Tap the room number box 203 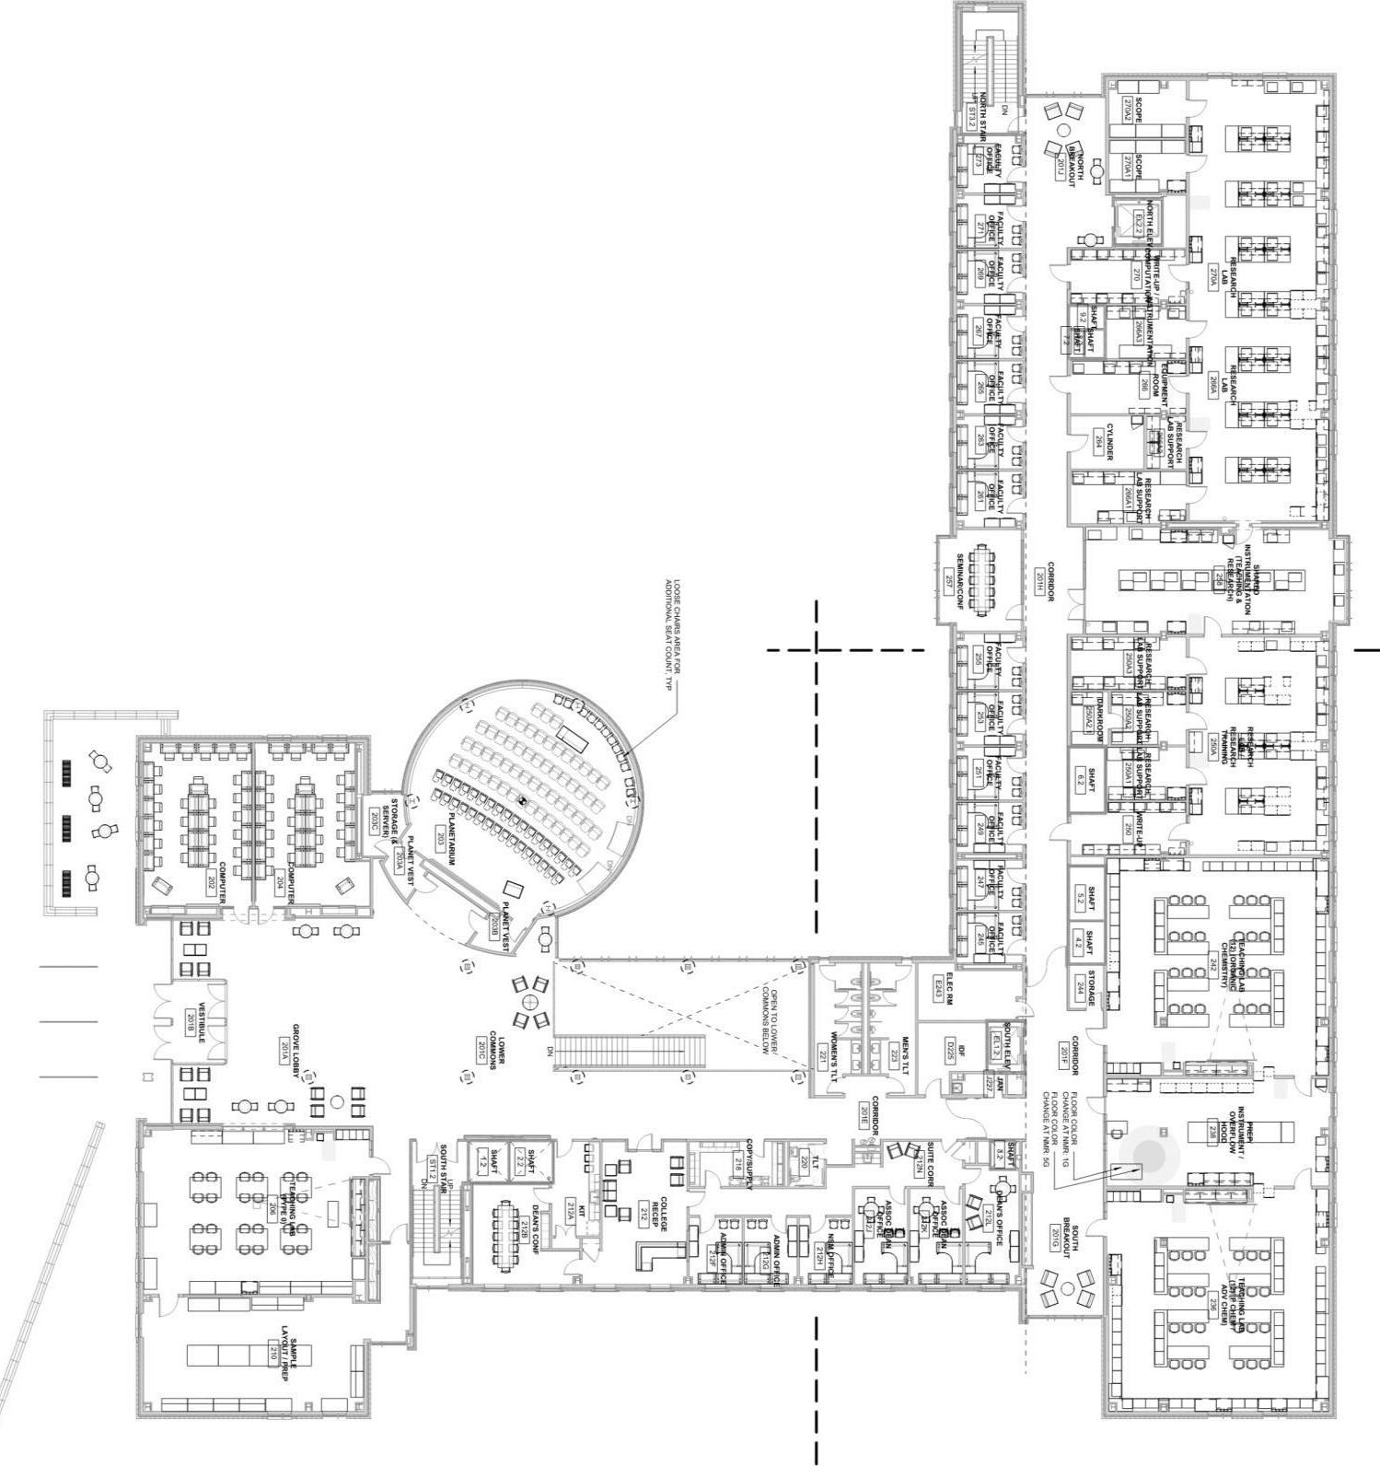pyautogui.click(x=440, y=838)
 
